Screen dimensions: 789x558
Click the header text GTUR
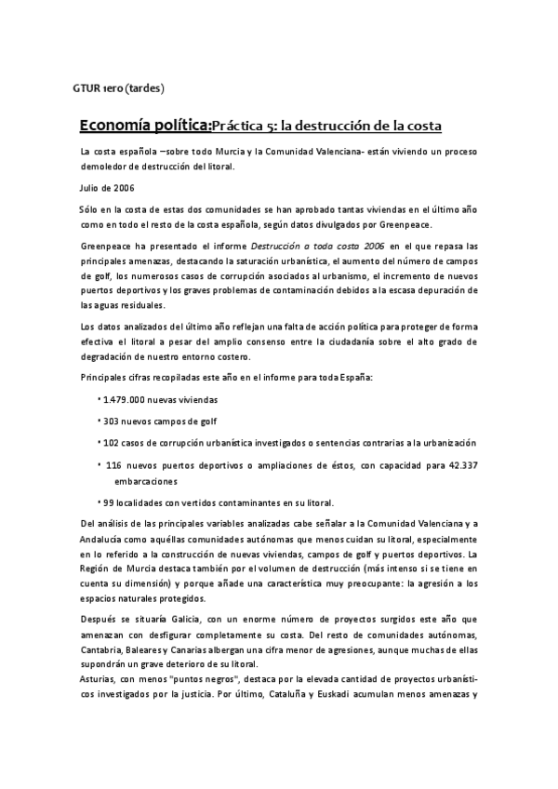(86, 89)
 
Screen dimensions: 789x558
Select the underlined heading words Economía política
(144, 125)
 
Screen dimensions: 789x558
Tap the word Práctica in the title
(241, 126)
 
